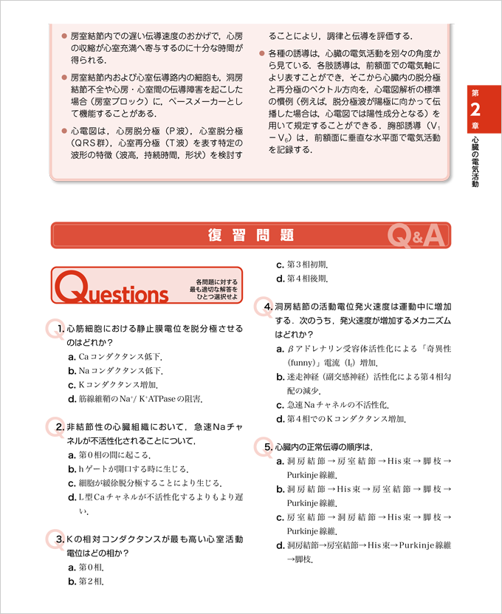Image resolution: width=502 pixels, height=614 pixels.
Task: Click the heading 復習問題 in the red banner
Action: point(251,236)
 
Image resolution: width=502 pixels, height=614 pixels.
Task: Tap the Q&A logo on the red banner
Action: point(416,236)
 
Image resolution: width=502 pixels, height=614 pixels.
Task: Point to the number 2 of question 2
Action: point(59,427)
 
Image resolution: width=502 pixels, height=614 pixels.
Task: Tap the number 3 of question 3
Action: point(59,539)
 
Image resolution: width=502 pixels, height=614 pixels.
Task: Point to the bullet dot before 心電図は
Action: point(64,130)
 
